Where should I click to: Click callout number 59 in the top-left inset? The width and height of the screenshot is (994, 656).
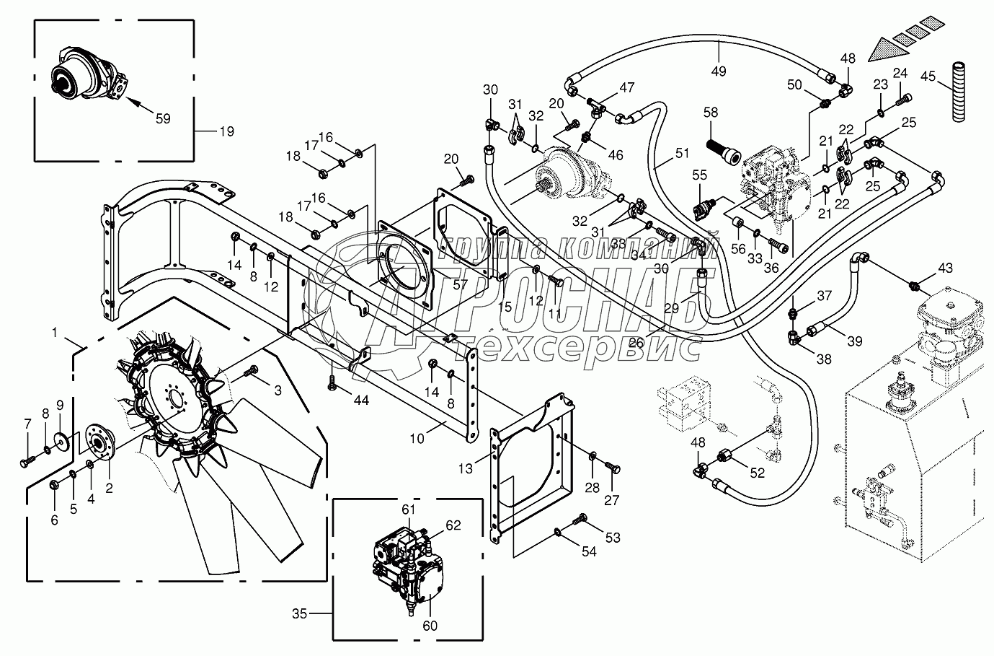coord(164,119)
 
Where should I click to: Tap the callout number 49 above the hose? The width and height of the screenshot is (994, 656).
coord(719,71)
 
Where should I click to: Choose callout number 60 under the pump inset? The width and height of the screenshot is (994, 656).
coord(430,626)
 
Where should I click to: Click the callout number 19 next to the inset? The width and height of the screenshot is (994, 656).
coord(227,131)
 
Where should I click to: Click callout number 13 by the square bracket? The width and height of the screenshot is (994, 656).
coord(466,468)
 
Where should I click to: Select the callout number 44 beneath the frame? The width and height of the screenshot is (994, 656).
coord(361,400)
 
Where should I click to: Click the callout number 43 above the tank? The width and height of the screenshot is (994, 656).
coord(945,268)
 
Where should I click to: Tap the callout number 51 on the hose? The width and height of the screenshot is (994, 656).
coord(682,154)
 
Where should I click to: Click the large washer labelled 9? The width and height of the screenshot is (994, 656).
coord(61,438)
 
